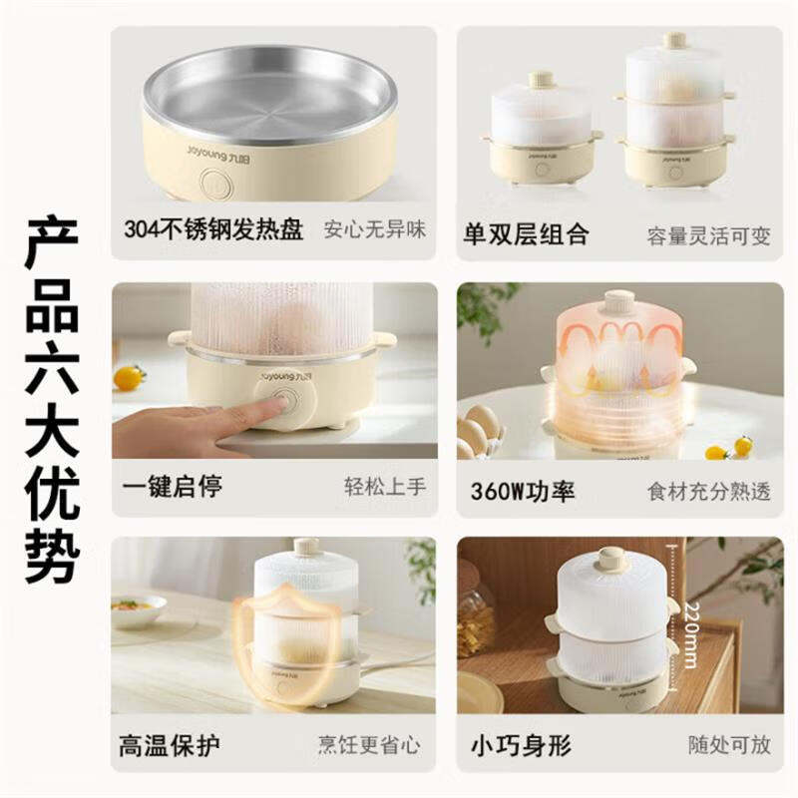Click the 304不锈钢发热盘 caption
pos(213,230)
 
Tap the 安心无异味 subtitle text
pos(375,230)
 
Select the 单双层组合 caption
pos(526,234)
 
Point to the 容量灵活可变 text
pos(708,235)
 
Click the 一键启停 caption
pos(172,487)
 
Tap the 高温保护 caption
pos(170,744)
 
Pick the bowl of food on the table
pos(139,608)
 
